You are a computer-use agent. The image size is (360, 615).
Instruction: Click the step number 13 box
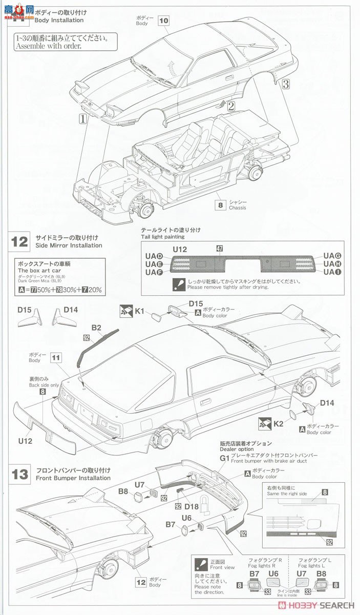(20, 474)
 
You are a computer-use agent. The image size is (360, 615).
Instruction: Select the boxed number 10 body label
(163, 20)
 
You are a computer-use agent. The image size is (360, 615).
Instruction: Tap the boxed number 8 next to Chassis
(221, 204)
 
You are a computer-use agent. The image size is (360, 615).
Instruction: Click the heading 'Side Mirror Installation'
(69, 245)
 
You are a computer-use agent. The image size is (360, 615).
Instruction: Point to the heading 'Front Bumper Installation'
(73, 478)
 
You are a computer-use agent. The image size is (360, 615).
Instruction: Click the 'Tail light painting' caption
(163, 237)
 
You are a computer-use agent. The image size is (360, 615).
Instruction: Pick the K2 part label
(278, 423)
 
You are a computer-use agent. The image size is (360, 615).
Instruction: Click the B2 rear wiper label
(96, 327)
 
